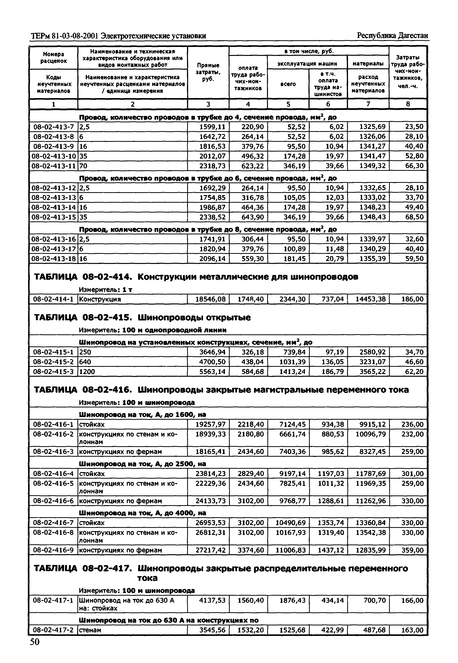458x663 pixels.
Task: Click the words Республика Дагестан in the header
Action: [392, 36]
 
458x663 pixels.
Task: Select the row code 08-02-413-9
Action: [53, 146]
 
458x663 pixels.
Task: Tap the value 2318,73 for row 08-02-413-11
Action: [212, 166]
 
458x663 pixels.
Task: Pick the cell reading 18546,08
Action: [210, 299]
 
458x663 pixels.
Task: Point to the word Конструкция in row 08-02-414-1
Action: [100, 299]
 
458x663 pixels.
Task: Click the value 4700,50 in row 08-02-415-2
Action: [212, 362]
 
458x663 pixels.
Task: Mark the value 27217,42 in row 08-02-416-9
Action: [210, 550]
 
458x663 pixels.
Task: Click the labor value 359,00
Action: [412, 550]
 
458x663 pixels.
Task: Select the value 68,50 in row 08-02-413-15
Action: [414, 217]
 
